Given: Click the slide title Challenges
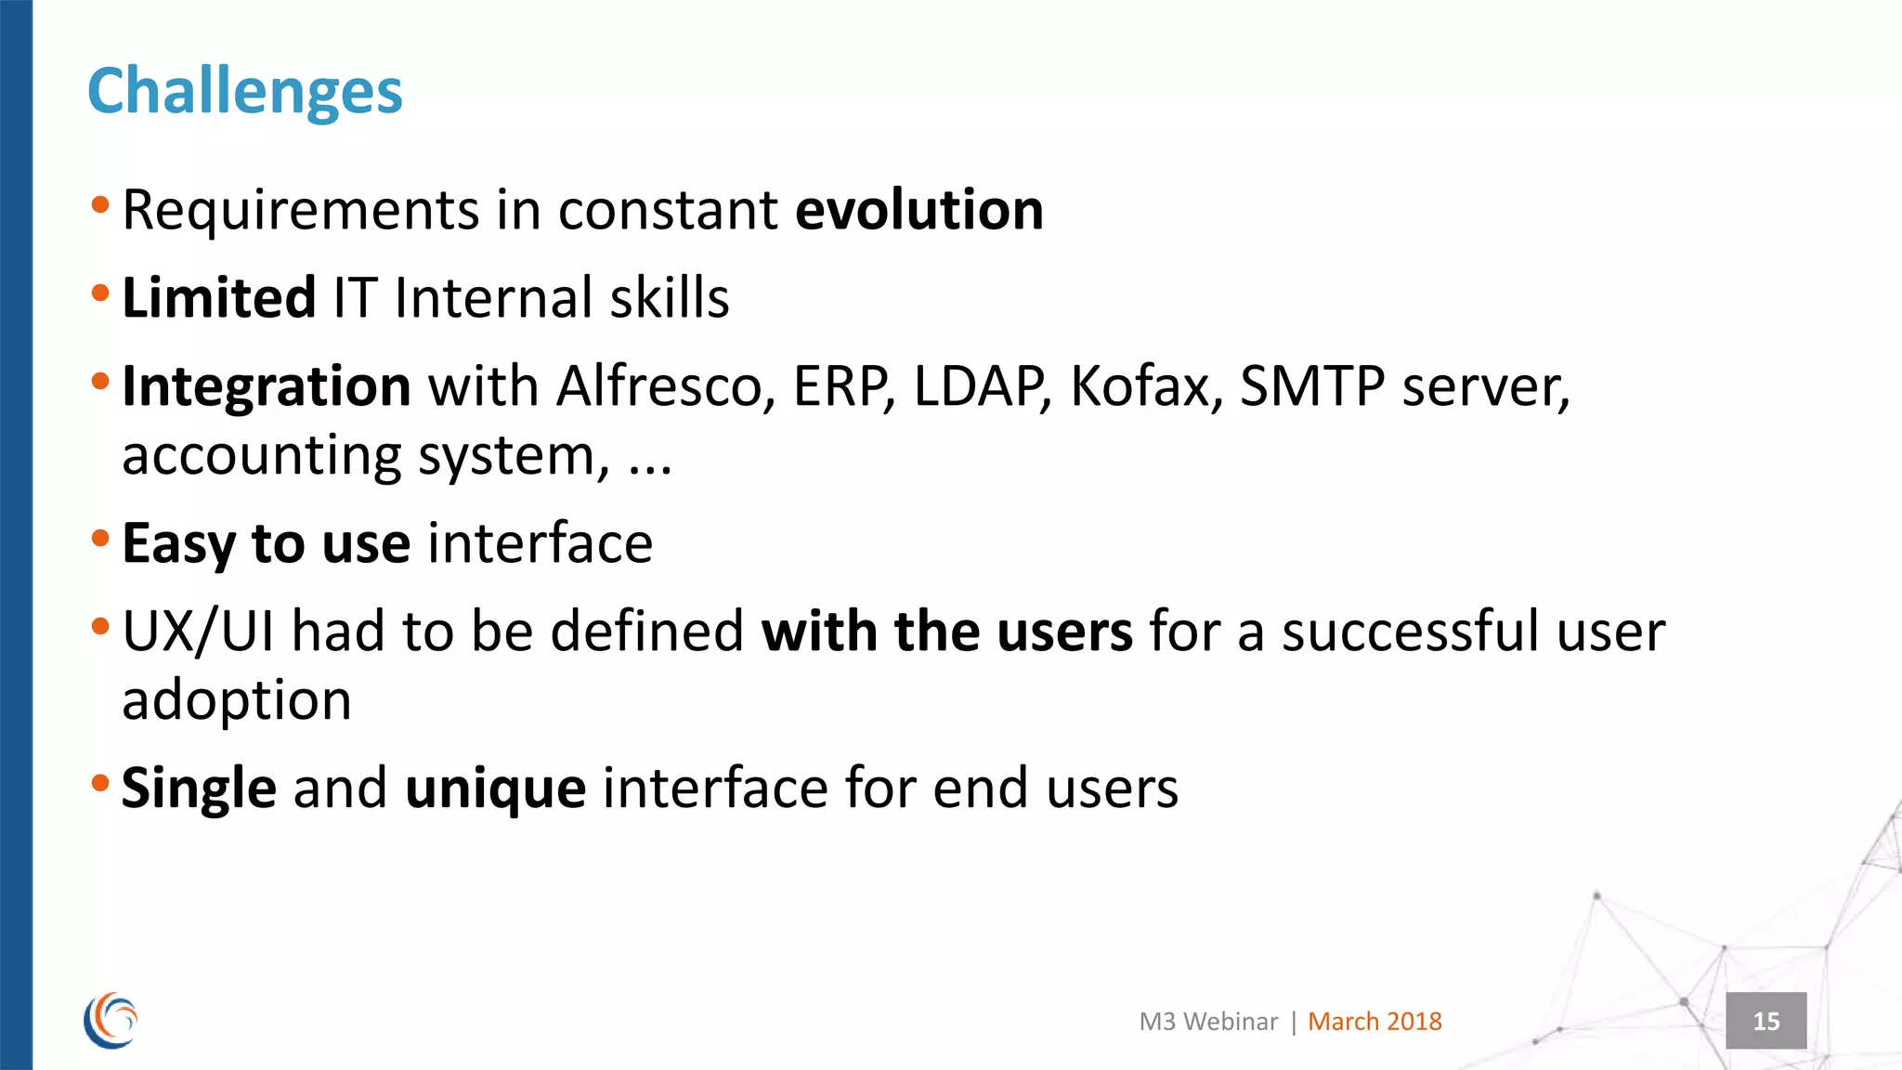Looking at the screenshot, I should pos(244,92).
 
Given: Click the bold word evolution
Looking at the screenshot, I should pos(919,210).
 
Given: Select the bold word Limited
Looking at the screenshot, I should pos(218,298).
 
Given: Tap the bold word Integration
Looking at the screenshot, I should pos(266,386).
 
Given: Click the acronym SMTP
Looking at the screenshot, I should pos(1311,386).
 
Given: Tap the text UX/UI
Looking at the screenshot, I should pos(198,632).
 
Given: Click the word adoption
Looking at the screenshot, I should pos(237,700).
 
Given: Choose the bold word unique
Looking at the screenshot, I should pos(495,789).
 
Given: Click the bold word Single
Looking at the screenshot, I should pos(199,789).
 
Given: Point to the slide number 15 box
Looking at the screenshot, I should pos(1765,1021).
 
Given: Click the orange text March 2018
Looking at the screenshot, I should pos(1374,1022).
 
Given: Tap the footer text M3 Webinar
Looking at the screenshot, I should pos(1208,1022).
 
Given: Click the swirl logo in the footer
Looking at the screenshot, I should pos(111,1020).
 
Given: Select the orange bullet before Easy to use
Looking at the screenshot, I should pos(100,538).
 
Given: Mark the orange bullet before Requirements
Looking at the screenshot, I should pos(100,204).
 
